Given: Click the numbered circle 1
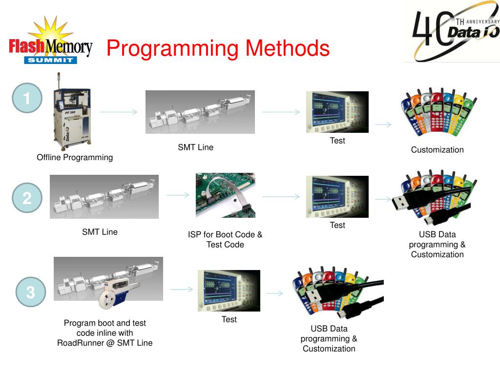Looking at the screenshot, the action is [x=27, y=99].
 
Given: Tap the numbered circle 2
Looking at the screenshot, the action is [x=27, y=198].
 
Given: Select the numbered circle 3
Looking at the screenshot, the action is [x=30, y=292].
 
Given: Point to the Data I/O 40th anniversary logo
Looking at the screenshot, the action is [x=451, y=31].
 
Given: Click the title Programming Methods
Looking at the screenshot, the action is [x=218, y=49].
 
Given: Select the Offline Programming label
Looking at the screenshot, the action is [x=75, y=157].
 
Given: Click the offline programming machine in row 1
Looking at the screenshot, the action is [x=71, y=112].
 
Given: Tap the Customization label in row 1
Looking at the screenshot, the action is [x=437, y=150].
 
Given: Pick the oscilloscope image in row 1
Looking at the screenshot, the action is [x=337, y=112].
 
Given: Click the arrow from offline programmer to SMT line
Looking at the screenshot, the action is [x=119, y=112].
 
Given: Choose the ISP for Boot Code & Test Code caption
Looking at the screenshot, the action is [x=225, y=239].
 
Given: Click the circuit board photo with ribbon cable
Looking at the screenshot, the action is [x=225, y=195].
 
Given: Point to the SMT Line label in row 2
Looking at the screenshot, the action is [x=100, y=232].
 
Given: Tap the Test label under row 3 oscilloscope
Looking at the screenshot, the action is [x=229, y=319].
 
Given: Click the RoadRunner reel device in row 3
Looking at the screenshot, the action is [x=116, y=293].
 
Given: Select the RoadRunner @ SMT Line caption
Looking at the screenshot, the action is [x=104, y=333].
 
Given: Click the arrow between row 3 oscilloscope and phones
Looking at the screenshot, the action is [x=275, y=293].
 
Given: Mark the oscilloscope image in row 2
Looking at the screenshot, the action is [x=337, y=196].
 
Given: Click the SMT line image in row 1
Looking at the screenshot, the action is [x=200, y=112].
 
